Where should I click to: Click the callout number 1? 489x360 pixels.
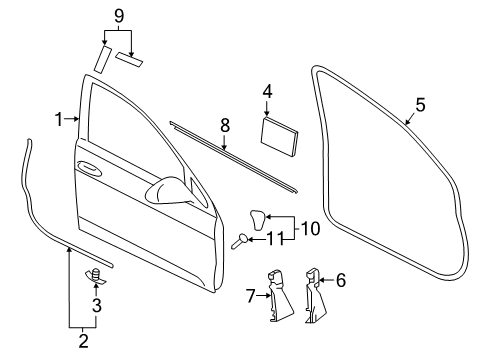point(59,119)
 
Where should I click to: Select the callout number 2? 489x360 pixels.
point(83,341)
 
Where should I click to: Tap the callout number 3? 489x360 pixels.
point(97,305)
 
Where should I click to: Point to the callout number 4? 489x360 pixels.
point(267,92)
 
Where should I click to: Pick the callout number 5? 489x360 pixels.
point(421,105)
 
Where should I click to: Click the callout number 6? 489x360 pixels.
point(341,280)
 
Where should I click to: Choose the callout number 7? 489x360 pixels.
point(251,296)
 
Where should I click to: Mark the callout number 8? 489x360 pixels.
point(225,126)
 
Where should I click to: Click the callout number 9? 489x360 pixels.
point(119,16)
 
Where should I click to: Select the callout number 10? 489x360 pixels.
point(310,229)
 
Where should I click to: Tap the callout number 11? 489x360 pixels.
point(276,239)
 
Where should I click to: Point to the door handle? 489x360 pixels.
point(89,168)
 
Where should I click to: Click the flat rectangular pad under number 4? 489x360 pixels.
point(279,136)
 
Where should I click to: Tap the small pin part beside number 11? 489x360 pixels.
point(239,241)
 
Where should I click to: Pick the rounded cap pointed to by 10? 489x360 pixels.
point(258,220)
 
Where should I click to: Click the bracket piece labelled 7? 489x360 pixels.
point(280,295)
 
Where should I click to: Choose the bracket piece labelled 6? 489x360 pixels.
point(315,296)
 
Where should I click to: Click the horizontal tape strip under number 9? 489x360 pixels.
point(129,59)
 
